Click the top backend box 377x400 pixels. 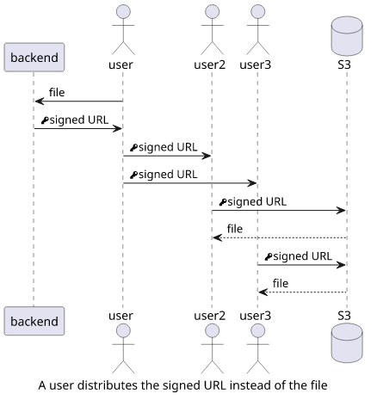[34, 58]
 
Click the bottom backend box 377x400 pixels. [34, 321]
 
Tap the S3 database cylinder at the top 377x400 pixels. [347, 36]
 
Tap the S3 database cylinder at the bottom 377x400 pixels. [347, 343]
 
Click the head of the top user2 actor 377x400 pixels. [212, 12]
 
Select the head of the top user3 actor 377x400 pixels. [257, 12]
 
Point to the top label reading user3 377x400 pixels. [255, 65]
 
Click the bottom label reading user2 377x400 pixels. [209, 316]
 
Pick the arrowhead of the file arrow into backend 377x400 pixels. [40, 102]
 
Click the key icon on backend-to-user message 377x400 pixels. [45, 120]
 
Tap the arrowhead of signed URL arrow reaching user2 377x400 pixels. [206, 156]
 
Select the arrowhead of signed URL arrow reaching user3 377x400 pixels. [251, 183]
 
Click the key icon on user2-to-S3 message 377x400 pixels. [223, 202]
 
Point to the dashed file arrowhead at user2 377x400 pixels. [217, 237]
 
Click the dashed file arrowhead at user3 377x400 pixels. [263, 292]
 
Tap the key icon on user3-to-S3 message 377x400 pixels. [269, 256]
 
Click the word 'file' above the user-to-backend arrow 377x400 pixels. [57, 92]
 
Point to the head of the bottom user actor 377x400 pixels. [123, 331]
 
